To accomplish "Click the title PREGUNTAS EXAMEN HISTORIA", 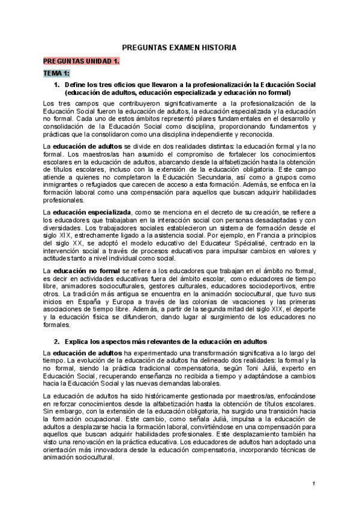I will (179, 47).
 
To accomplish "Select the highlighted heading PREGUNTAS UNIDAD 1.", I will (81, 61).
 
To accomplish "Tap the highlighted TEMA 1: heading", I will (56, 73).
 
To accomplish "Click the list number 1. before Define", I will (58, 85).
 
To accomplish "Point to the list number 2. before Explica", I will (58, 341).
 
